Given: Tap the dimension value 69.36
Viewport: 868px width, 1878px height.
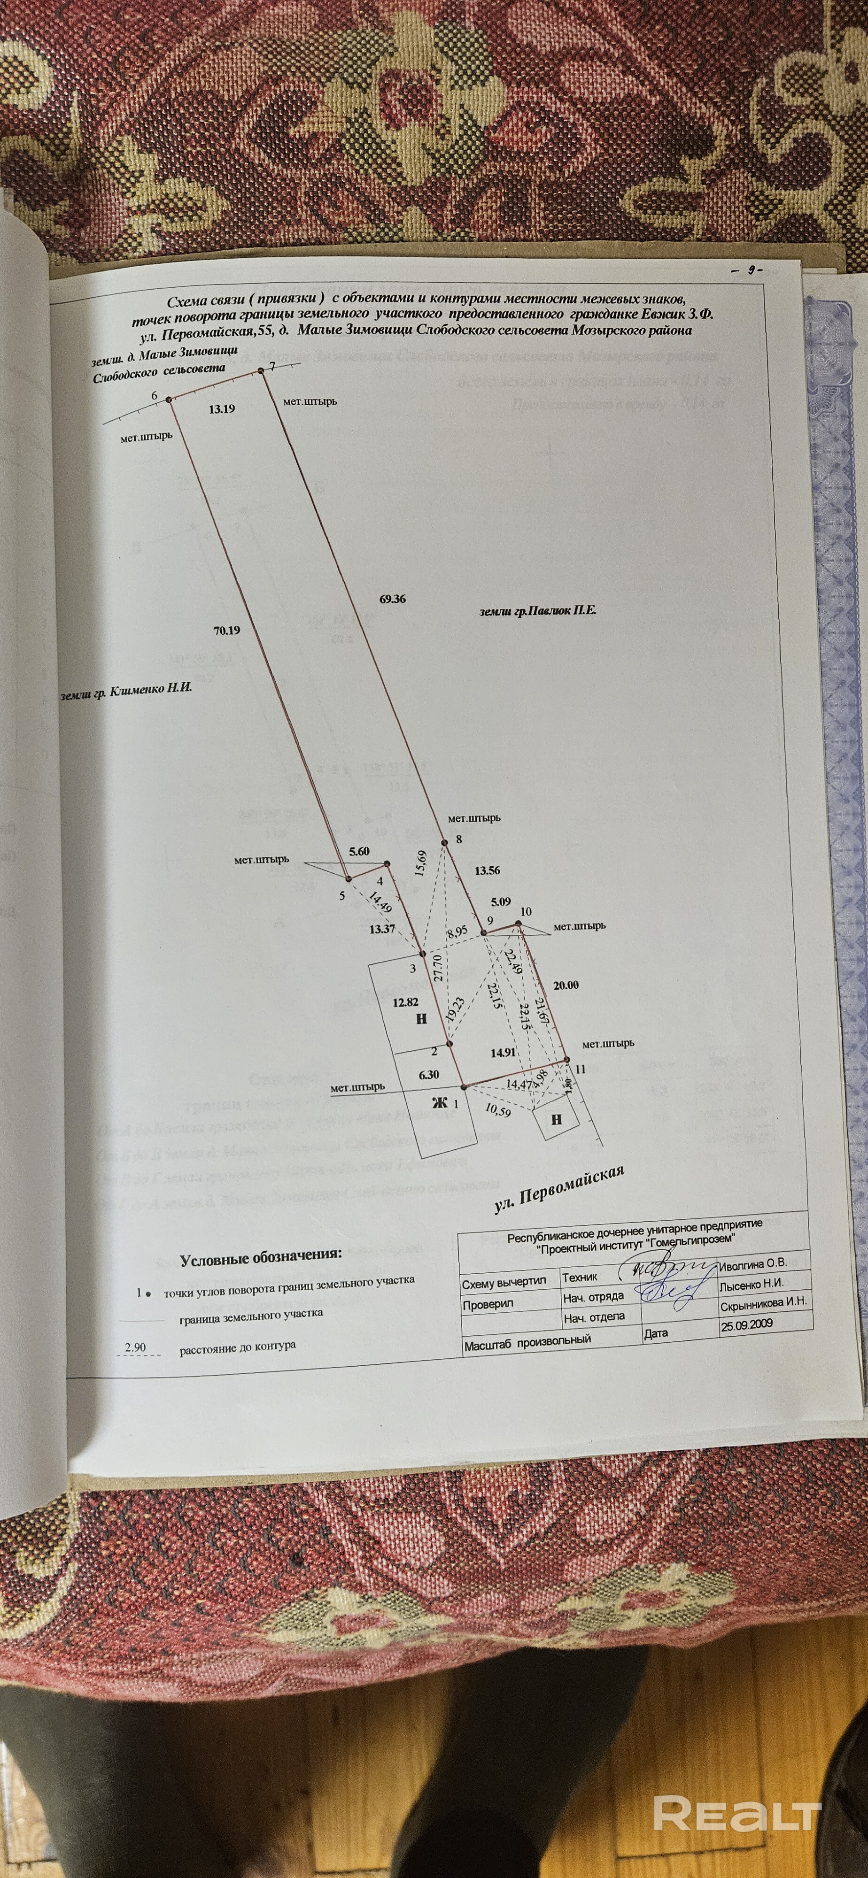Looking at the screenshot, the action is pos(392,599).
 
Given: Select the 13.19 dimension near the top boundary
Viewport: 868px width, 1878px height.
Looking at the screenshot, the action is pos(221,409).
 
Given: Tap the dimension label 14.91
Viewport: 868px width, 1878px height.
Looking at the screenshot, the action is pos(504,1052).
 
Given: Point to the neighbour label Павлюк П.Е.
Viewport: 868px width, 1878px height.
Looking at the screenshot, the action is pos(538,610).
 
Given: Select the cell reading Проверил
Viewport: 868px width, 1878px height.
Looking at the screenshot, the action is pos(488,1303).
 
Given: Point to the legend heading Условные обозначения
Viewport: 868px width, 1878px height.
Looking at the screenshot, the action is pos(260,1258).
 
